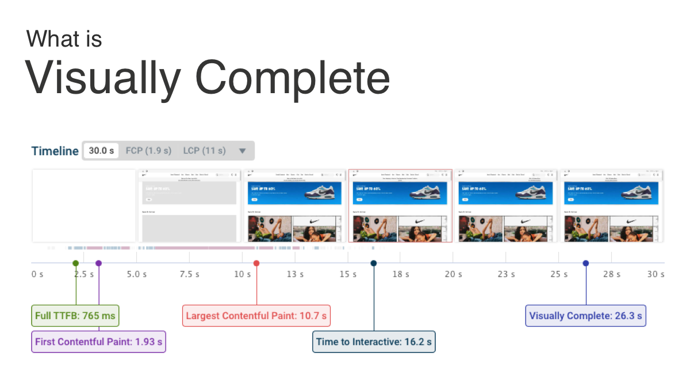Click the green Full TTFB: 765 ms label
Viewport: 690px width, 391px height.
pyautogui.click(x=75, y=316)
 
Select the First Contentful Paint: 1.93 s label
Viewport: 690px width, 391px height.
pyautogui.click(x=98, y=342)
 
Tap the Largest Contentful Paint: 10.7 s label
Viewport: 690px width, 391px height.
pyautogui.click(x=256, y=316)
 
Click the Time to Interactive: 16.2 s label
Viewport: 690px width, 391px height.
pyautogui.click(x=374, y=342)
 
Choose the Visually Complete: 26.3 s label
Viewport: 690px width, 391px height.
pyautogui.click(x=585, y=316)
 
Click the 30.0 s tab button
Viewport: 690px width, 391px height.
pyautogui.click(x=101, y=151)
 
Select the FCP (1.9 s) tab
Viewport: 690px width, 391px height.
pyautogui.click(x=148, y=151)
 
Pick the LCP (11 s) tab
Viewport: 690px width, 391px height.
pyautogui.click(x=204, y=151)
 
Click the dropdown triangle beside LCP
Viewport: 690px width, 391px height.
pyautogui.click(x=242, y=151)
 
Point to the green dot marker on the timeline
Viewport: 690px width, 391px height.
pyautogui.click(x=75, y=263)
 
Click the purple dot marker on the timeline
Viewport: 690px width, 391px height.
pyautogui.click(x=98, y=263)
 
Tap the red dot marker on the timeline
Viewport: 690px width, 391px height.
pyautogui.click(x=256, y=263)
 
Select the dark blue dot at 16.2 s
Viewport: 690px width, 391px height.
pyautogui.click(x=374, y=263)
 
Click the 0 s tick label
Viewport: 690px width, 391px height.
pyautogui.click(x=37, y=274)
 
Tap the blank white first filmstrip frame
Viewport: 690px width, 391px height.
pyautogui.click(x=84, y=206)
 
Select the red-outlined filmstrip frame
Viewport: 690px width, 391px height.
pyautogui.click(x=400, y=206)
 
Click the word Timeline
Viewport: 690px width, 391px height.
pyautogui.click(x=55, y=151)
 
